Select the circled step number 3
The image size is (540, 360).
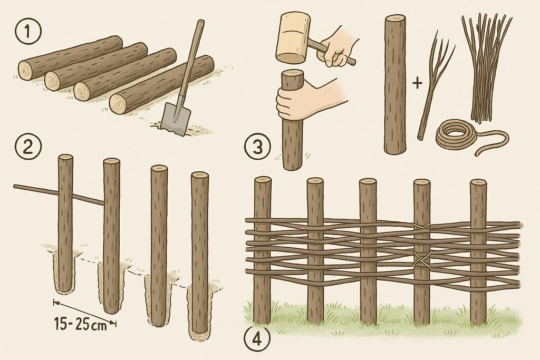pos(257,147)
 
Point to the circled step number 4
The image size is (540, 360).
pos(257,339)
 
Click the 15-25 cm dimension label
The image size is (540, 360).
pos(81,324)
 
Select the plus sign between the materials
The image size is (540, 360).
pos(417,83)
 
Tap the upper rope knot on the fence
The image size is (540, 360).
pos(422,227)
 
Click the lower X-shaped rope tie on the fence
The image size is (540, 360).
pos(422,260)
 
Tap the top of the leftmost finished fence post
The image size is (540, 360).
pos(263,180)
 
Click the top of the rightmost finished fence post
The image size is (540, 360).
pos(478,183)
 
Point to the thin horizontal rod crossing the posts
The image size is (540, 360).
pos(59,195)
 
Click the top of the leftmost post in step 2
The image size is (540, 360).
pos(65,158)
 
